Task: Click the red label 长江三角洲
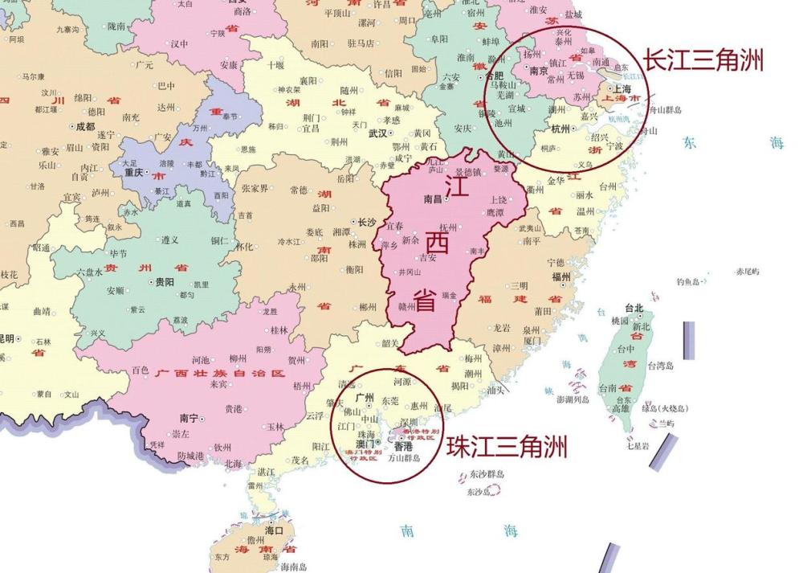click(703, 60)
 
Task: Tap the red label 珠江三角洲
click(507, 446)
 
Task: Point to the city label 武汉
click(377, 133)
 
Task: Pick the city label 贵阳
click(165, 282)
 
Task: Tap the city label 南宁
click(189, 418)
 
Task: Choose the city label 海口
click(275, 530)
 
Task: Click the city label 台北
click(634, 308)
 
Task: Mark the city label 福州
click(560, 276)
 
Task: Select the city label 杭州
click(560, 129)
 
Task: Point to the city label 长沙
click(367, 222)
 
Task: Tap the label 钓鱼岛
click(688, 282)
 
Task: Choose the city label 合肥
click(495, 76)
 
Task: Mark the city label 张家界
click(255, 189)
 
